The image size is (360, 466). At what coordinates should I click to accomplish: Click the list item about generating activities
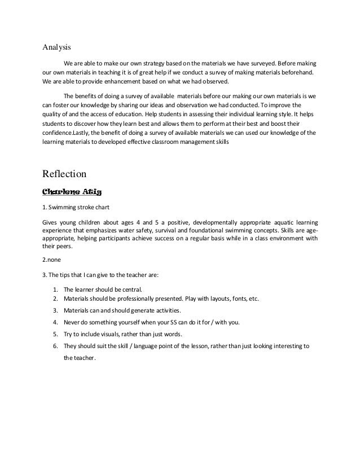(x=122, y=310)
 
